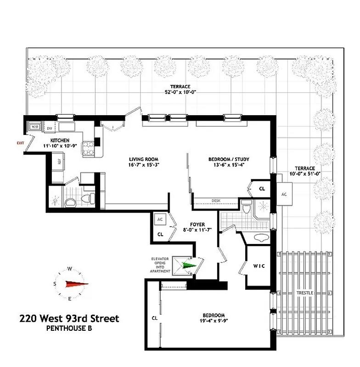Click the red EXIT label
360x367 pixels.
click(20, 143)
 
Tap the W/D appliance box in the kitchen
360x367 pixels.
click(34, 127)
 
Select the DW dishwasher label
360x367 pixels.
click(49, 128)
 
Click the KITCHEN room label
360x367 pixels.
click(60, 140)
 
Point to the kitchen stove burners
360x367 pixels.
click(87, 148)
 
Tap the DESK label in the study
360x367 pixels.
click(216, 200)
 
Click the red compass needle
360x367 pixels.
click(77, 284)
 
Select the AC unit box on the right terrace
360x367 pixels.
click(284, 195)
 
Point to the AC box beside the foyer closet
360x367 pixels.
click(161, 219)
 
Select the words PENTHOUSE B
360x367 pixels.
click(69, 328)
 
